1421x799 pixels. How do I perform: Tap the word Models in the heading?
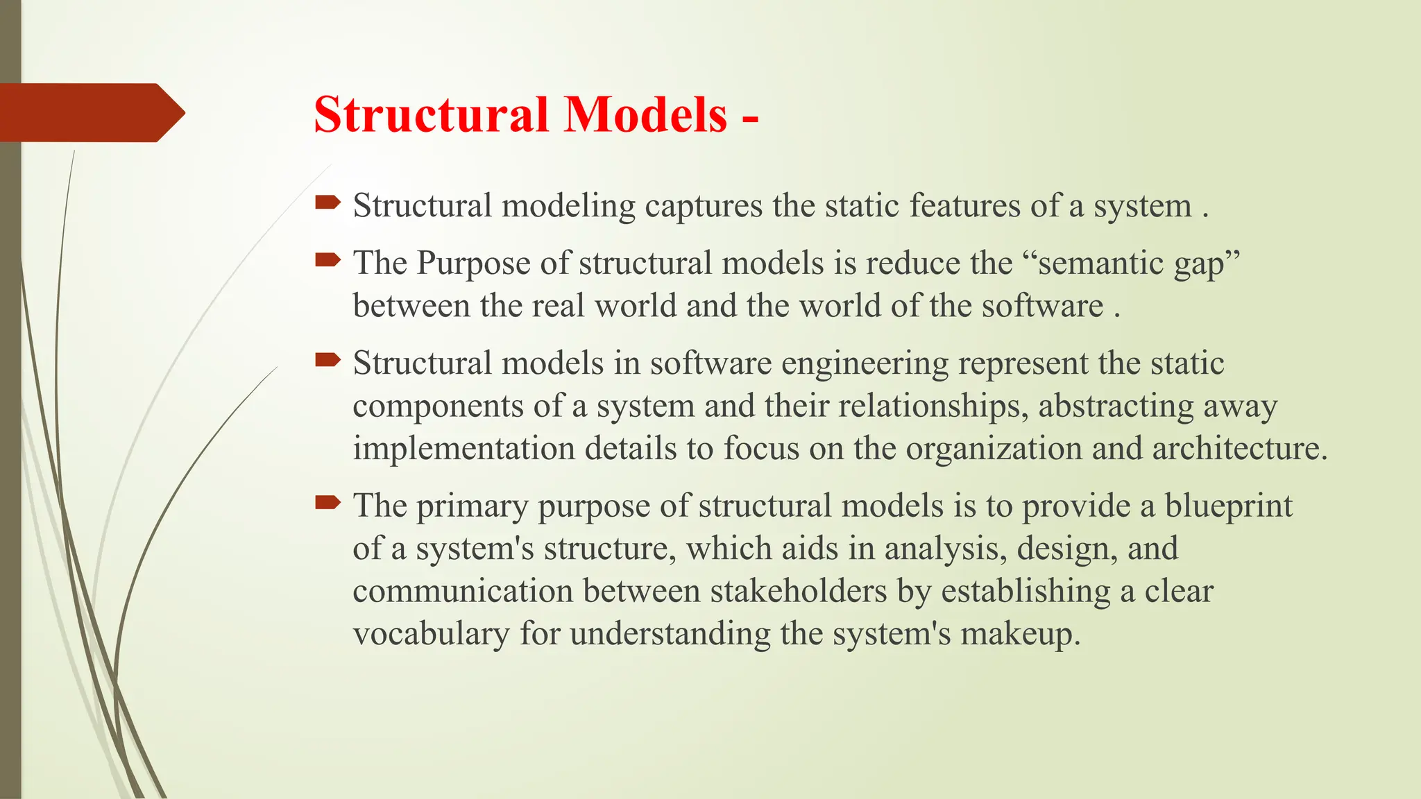pyautogui.click(x=645, y=114)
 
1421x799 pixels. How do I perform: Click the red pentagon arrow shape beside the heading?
pyautogui.click(x=90, y=112)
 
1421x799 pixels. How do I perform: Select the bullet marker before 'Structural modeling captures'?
pyautogui.click(x=327, y=203)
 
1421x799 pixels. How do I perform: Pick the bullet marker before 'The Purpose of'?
pyautogui.click(x=327, y=260)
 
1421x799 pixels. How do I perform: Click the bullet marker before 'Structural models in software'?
pyautogui.click(x=327, y=360)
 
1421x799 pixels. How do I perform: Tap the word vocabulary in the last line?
pyautogui.click(x=431, y=635)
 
